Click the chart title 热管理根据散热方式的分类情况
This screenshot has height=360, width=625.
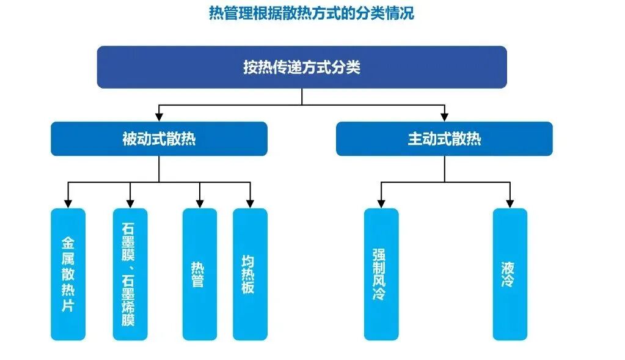click(312, 13)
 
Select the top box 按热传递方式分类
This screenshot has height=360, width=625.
click(302, 67)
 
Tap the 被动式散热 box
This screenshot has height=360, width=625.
click(159, 139)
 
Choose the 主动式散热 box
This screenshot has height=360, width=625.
click(444, 139)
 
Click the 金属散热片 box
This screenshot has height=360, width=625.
click(68, 274)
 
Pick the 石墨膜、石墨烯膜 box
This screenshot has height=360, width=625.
click(130, 274)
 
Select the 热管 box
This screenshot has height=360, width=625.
click(200, 274)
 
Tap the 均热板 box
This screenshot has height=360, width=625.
click(250, 274)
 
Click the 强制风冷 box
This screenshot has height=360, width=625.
click(381, 274)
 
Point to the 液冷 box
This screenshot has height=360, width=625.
click(510, 274)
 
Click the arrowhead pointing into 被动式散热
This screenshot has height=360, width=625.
click(159, 117)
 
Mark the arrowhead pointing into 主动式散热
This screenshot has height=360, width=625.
click(444, 117)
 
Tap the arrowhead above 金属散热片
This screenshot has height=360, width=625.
click(68, 204)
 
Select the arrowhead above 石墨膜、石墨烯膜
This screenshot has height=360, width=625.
click(130, 204)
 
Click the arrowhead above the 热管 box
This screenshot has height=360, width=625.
click(200, 204)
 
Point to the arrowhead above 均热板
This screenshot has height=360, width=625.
click(250, 204)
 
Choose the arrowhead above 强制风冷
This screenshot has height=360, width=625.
click(381, 204)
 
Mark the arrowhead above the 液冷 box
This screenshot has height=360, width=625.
click(510, 204)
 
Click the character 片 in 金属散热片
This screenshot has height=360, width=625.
click(68, 306)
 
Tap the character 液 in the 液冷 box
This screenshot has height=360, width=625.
click(508, 268)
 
